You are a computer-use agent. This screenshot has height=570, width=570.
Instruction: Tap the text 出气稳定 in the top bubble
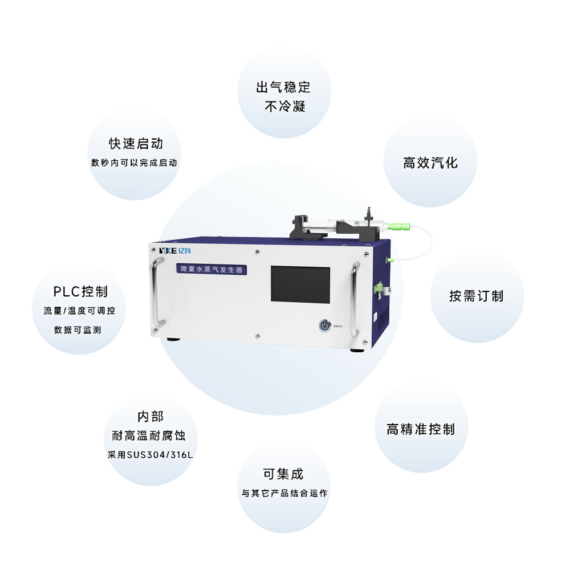click(x=283, y=87)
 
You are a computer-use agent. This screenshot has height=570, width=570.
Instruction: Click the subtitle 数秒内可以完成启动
click(x=135, y=162)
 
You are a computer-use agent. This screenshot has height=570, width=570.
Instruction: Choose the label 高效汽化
click(x=430, y=162)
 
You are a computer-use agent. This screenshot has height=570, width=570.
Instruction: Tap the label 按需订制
click(x=477, y=296)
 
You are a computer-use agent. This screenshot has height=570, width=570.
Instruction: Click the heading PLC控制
click(x=80, y=292)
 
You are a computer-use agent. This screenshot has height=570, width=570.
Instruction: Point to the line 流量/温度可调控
click(x=79, y=311)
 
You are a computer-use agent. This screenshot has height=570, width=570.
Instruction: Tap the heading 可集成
click(x=283, y=474)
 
